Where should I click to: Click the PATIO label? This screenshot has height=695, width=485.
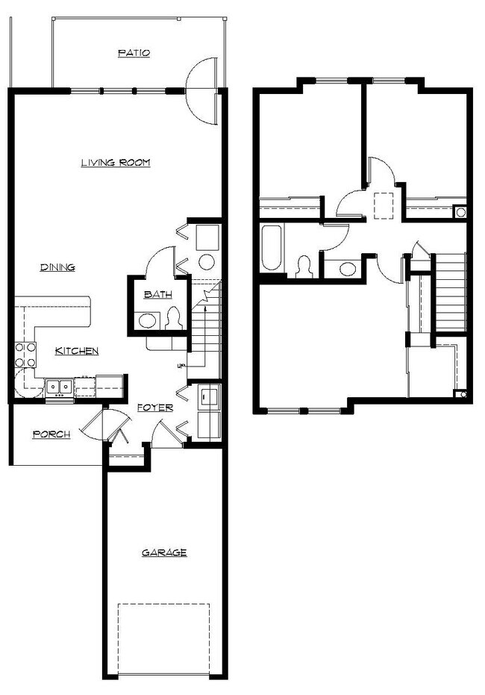134,53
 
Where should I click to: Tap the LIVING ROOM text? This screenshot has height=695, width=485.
116,162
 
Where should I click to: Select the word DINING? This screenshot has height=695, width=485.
57,267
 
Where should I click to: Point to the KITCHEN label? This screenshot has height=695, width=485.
77,351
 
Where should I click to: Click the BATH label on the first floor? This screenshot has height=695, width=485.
157,295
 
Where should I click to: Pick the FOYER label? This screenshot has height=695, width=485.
155,408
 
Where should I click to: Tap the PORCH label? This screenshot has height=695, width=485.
51,434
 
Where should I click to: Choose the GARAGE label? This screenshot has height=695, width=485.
164,552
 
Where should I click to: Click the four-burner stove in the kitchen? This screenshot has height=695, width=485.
25,355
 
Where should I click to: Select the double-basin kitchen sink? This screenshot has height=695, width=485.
58,387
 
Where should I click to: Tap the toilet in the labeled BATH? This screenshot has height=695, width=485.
175,319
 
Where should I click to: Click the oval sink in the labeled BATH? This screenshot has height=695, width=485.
147,322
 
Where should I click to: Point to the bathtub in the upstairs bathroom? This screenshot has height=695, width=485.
271,248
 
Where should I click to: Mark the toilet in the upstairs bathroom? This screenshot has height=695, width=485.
304,267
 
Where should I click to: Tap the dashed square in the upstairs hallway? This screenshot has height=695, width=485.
383,205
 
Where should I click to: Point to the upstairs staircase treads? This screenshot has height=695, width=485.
450,291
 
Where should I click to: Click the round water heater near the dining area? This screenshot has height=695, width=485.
207,262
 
